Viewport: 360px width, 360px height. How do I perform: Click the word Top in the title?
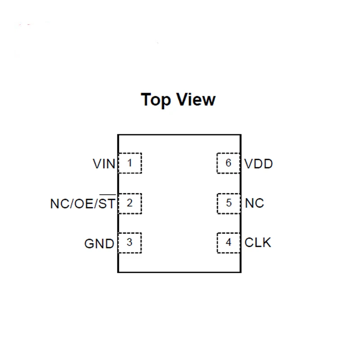coord(156,99)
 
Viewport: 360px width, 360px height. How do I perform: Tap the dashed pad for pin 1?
coord(130,163)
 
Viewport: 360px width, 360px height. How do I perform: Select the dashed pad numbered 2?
coord(130,203)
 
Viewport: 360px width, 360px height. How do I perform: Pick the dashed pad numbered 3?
coord(130,243)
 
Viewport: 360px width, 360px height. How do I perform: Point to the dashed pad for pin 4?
coord(229,243)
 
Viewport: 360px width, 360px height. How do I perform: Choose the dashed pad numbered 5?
coord(229,203)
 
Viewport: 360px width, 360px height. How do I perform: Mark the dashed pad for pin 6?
coord(229,163)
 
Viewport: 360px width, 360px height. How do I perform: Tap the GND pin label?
coord(99,244)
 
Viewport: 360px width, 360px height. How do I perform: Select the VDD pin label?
coord(259,164)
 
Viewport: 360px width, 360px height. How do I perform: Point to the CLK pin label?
coord(258,243)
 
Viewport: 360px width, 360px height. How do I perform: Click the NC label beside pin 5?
coord(255,203)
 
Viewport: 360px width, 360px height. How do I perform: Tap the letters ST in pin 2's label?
coord(107,204)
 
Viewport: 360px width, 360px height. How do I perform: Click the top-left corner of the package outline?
coord(118,135)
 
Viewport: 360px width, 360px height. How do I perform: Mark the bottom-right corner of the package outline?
coord(241,272)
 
